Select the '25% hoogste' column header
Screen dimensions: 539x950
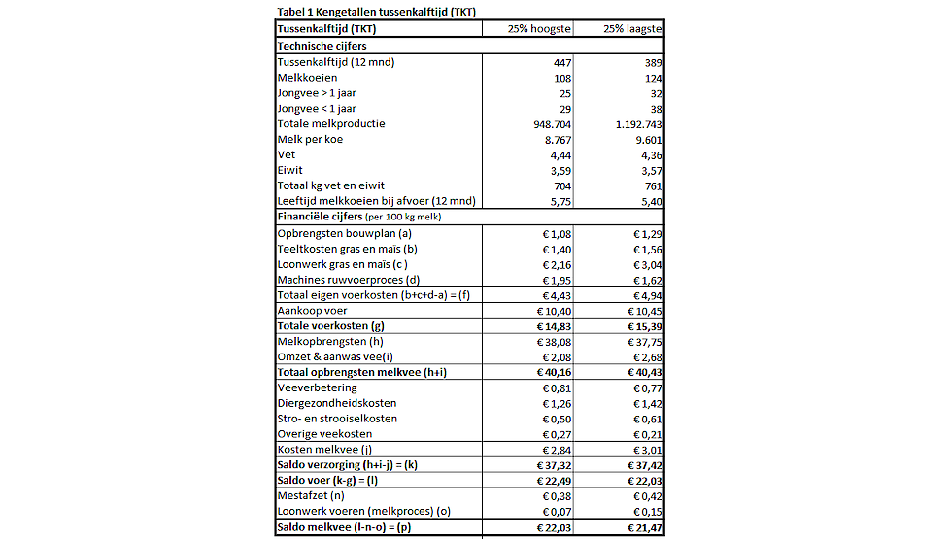coord(540,29)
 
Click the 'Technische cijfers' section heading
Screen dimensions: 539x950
coord(322,46)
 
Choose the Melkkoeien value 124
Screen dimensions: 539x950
coord(653,78)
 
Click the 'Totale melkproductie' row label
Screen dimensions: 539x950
coord(331,123)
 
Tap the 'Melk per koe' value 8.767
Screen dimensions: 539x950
coord(556,139)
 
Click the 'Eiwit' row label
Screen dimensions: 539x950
coord(291,170)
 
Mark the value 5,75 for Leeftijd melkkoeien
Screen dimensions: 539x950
coord(559,201)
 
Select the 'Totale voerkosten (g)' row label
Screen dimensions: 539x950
coord(330,325)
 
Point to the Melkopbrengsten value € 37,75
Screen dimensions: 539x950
coord(644,341)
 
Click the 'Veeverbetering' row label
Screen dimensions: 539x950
coord(317,387)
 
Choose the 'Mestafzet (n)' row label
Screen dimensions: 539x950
coord(313,496)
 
